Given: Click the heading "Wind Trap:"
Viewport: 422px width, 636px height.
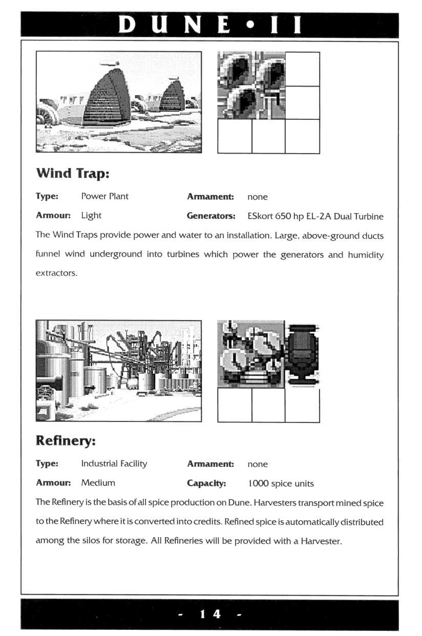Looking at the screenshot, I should coord(72,173).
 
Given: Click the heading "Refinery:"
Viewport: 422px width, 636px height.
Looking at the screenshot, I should coord(66,440).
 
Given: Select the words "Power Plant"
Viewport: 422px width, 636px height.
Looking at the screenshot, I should coord(104,196).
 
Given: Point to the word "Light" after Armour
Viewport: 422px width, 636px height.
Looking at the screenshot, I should coord(91,216).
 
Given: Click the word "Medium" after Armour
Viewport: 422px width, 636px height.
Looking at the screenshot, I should coord(98,482).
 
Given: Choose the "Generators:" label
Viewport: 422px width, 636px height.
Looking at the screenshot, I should coord(210,216).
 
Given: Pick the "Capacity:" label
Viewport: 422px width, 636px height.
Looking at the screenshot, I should coord(206,483).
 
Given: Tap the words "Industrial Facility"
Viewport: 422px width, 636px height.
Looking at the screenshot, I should coord(114,463).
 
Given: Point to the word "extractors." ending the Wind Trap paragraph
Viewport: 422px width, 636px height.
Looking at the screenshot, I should coord(56,273).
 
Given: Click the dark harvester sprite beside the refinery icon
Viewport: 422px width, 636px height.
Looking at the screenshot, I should coord(302,354).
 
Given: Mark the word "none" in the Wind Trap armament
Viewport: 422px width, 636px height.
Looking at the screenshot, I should coord(257,197).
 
